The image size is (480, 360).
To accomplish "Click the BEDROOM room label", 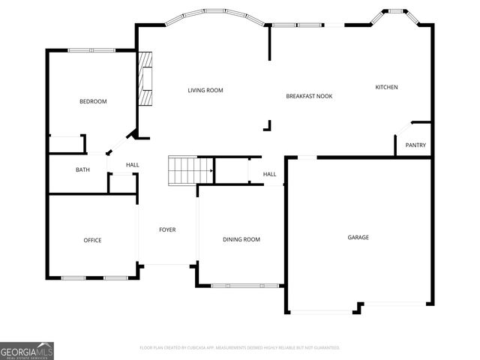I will click(x=93, y=101).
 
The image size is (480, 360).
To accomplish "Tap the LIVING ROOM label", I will click(x=205, y=91).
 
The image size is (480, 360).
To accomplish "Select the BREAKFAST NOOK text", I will click(x=309, y=96).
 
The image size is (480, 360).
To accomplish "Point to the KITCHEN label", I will click(x=386, y=88).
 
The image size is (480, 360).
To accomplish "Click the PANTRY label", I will click(x=415, y=145).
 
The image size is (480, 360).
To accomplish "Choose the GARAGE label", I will click(x=358, y=238).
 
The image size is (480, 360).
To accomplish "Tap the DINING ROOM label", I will click(x=241, y=239).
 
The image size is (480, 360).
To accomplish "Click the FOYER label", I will click(x=167, y=229).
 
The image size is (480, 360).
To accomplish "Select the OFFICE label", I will click(x=92, y=240).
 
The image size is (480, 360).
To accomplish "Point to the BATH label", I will click(x=82, y=169).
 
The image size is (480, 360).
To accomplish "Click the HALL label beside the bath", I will click(x=132, y=165).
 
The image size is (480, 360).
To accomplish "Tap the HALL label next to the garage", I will click(x=269, y=175).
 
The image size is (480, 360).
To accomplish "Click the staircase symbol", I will click(x=182, y=170).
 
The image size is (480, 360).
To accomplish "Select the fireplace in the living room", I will click(x=145, y=79).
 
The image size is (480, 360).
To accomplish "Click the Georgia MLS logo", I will click(x=27, y=350).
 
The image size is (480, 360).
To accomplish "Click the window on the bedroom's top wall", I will click(x=91, y=50).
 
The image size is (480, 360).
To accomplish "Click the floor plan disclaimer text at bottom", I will click(x=240, y=348).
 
